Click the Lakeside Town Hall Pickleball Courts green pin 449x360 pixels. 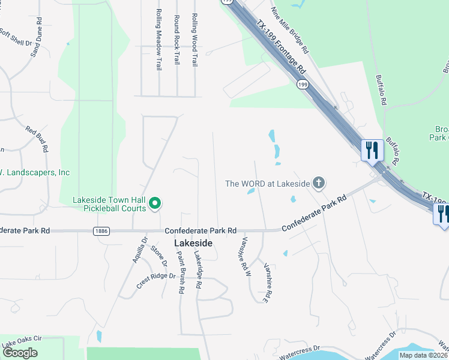pyautogui.click(x=154, y=204)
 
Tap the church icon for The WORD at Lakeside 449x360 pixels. pyautogui.click(x=319, y=183)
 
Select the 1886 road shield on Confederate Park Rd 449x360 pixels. pyautogui.click(x=101, y=230)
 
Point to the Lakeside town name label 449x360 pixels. pyautogui.click(x=193, y=243)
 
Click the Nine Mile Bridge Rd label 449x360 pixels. pyautogui.click(x=289, y=28)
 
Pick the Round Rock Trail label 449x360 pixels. pyautogui.click(x=176, y=40)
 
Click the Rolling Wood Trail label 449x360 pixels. pyautogui.click(x=194, y=40)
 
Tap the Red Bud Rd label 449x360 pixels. pyautogui.click(x=37, y=139)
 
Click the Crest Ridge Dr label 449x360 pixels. pyautogui.click(x=155, y=280)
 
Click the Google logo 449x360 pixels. pyautogui.click(x=20, y=353)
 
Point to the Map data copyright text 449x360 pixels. pyautogui.click(x=424, y=355)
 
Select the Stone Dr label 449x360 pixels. pyautogui.click(x=158, y=256)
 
